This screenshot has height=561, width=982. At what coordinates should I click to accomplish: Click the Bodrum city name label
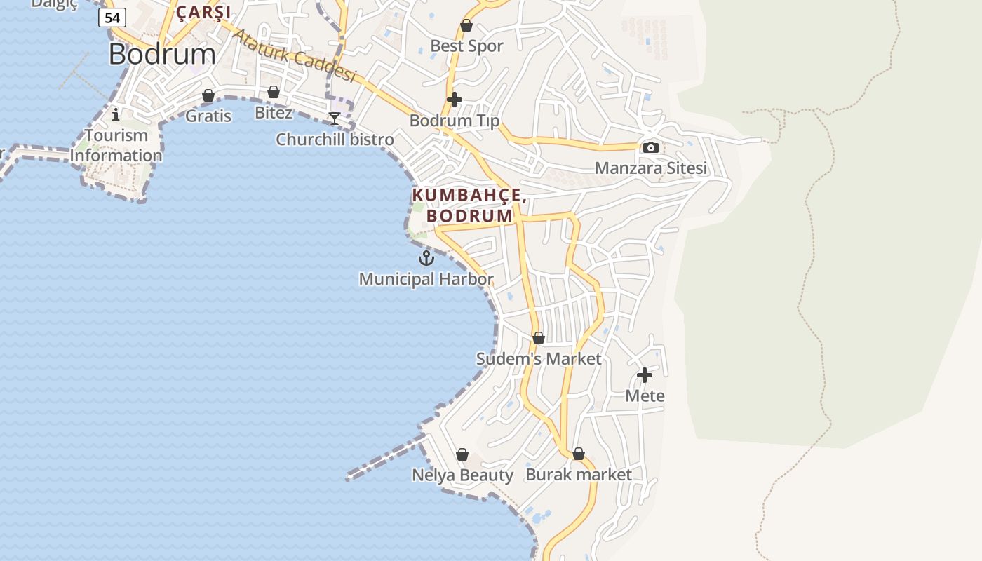pyautogui.click(x=162, y=54)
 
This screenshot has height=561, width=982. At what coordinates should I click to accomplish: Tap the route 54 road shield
pyautogui.click(x=112, y=18)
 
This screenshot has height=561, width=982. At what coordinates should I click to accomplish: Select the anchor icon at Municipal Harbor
pyautogui.click(x=426, y=259)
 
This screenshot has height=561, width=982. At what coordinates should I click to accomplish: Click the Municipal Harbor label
pyautogui.click(x=426, y=279)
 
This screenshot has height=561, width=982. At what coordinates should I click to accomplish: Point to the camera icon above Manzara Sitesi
pyautogui.click(x=650, y=147)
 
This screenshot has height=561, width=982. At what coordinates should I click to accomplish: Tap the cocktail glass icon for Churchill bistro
pyautogui.click(x=335, y=119)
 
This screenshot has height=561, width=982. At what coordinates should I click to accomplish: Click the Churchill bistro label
pyautogui.click(x=335, y=140)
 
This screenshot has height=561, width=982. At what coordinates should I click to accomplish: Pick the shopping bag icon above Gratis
pyautogui.click(x=208, y=95)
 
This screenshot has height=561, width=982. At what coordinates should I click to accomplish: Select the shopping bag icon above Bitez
pyautogui.click(x=274, y=92)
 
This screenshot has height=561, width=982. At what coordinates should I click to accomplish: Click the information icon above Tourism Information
pyautogui.click(x=116, y=114)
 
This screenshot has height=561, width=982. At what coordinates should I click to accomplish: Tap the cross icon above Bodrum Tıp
pyautogui.click(x=455, y=100)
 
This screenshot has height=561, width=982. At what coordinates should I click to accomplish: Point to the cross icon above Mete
pyautogui.click(x=645, y=375)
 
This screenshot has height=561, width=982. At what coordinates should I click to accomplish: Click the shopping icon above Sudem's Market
pyautogui.click(x=539, y=338)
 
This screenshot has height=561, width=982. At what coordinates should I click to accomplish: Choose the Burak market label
pyautogui.click(x=579, y=475)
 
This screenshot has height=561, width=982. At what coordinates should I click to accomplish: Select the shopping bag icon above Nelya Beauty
pyautogui.click(x=462, y=454)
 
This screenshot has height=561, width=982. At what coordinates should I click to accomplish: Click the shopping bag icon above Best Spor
pyautogui.click(x=466, y=26)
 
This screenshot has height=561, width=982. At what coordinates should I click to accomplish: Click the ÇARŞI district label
pyautogui.click(x=203, y=12)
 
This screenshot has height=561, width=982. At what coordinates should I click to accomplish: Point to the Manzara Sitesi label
pyautogui.click(x=651, y=168)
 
